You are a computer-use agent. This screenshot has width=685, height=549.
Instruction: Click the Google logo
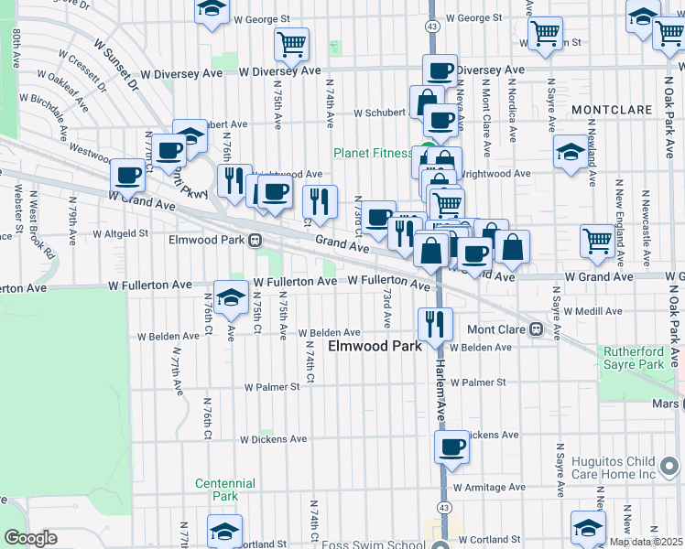coord(30,538)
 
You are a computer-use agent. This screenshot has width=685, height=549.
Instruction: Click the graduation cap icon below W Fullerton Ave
coord(230,296)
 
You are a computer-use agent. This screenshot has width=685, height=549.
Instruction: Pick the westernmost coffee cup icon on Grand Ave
coord(127,174)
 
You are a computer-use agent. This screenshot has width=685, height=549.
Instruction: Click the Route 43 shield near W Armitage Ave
coord(444,506)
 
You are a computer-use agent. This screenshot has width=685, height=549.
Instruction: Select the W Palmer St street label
coord(271,387)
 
